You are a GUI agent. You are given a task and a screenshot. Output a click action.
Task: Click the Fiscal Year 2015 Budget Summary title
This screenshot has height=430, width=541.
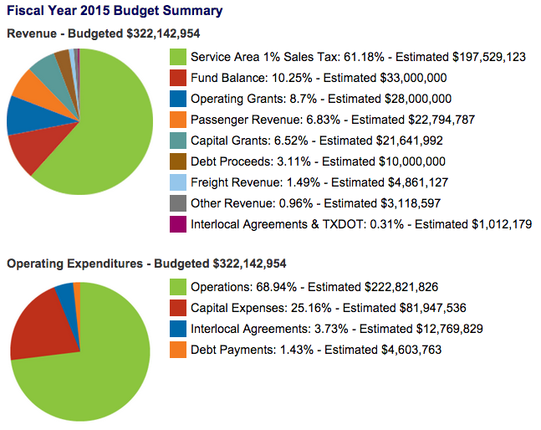click(x=115, y=12)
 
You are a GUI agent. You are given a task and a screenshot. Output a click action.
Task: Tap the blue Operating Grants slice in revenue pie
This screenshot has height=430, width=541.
click(x=22, y=116)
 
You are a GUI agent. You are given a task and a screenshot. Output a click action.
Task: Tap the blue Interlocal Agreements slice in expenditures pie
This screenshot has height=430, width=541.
click(x=64, y=291)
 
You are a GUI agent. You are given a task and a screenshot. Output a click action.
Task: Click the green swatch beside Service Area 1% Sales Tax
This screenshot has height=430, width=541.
click(x=177, y=57)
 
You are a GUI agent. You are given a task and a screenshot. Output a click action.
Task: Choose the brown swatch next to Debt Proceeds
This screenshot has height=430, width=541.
click(x=177, y=161)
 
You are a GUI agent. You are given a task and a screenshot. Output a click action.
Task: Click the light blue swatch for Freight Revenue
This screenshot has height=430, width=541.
click(x=177, y=182)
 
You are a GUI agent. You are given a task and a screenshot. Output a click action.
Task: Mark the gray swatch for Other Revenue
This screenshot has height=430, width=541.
click(x=177, y=203)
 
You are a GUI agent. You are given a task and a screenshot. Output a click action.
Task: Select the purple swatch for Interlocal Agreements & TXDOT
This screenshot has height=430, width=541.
click(x=177, y=224)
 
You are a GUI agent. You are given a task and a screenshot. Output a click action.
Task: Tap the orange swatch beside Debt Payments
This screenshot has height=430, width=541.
click(x=177, y=350)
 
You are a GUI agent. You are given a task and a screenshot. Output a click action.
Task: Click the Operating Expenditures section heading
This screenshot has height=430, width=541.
click(x=146, y=264)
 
